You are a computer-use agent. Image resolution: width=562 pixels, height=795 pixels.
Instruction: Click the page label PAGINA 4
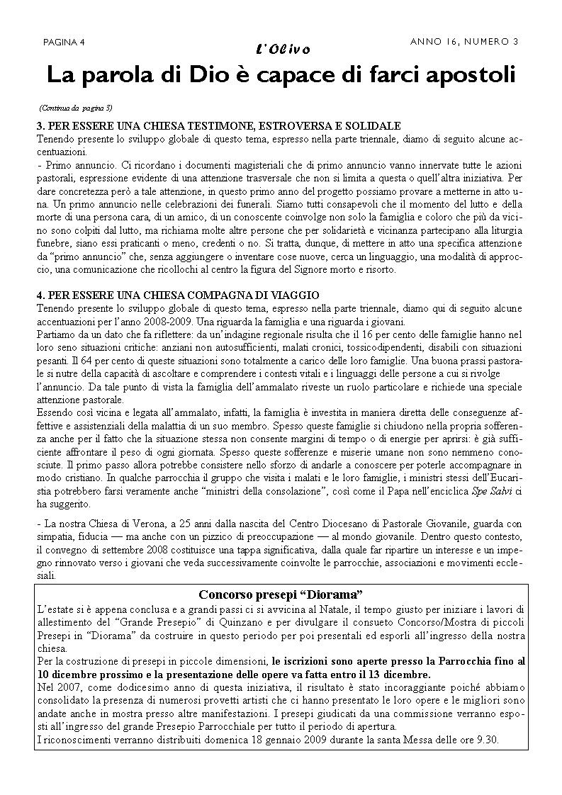pyautogui.click(x=64, y=42)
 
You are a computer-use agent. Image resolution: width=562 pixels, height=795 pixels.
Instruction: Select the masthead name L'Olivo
pyautogui.click(x=281, y=49)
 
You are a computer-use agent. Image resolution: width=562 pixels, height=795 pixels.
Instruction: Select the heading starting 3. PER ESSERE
pyautogui.click(x=219, y=125)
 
